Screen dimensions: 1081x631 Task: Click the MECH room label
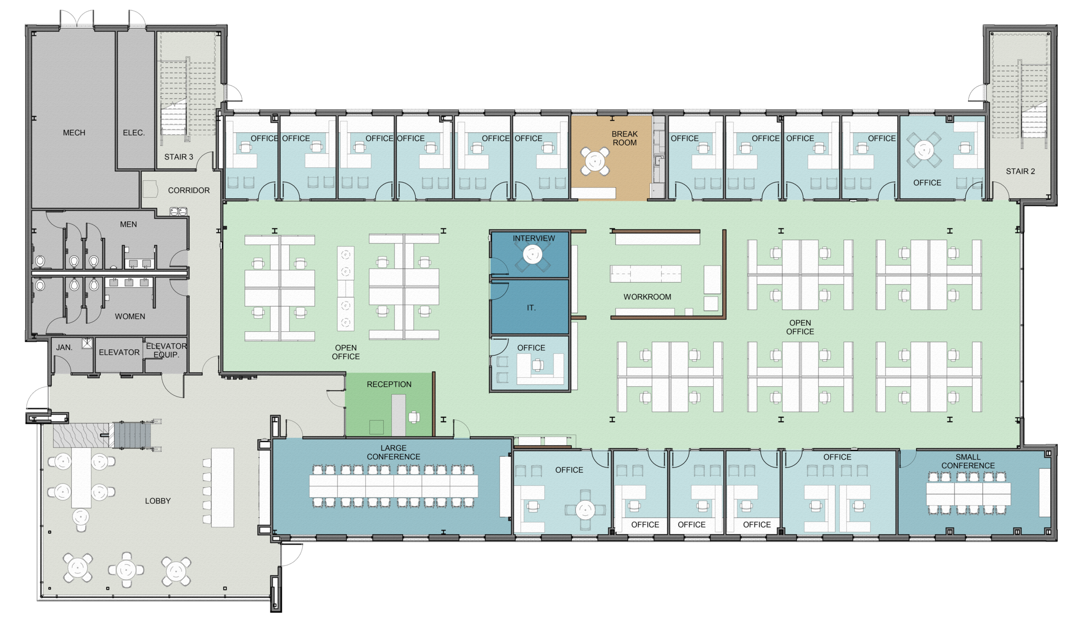(x=74, y=133)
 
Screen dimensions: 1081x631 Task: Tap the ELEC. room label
(x=134, y=133)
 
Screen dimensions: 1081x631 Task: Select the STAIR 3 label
(x=178, y=157)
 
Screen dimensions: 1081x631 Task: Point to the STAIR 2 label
(x=1020, y=171)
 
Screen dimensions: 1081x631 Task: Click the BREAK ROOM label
(x=624, y=138)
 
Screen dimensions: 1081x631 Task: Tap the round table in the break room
(x=595, y=161)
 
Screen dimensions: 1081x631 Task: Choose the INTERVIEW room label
(x=534, y=238)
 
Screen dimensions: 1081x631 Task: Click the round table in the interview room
(x=532, y=255)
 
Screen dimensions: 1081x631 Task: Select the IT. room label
(x=531, y=308)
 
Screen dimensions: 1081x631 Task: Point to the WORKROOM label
(x=647, y=297)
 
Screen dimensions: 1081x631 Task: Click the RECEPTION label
(x=389, y=384)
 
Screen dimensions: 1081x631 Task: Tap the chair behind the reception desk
(x=414, y=417)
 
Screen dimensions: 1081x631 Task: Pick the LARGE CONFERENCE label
(x=393, y=453)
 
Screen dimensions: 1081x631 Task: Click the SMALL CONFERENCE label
(x=968, y=461)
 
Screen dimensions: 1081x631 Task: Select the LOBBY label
(x=158, y=501)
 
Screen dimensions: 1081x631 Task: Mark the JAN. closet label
(x=64, y=348)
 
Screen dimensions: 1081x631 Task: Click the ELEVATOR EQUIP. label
(x=166, y=350)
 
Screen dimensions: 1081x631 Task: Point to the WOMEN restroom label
(x=130, y=316)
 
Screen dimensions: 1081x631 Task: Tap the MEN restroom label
(x=128, y=224)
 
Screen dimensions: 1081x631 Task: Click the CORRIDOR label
(x=189, y=191)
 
